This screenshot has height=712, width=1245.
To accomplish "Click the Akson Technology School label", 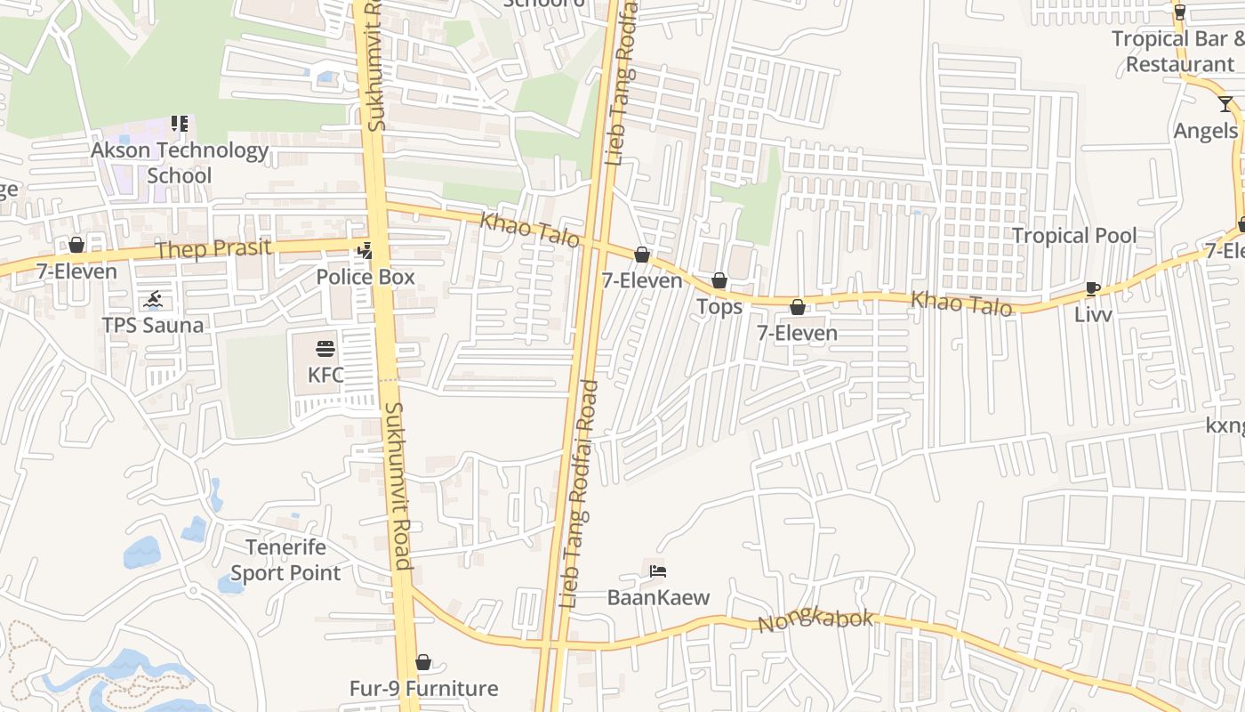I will pyautogui.click(x=180, y=163).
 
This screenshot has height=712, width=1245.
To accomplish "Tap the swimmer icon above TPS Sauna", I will pyautogui.click(x=153, y=298).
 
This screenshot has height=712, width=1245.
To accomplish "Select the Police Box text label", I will pyautogui.click(x=365, y=277).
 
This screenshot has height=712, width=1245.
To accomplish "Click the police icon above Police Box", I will pyautogui.click(x=365, y=251).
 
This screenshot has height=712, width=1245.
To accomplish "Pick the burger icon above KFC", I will pyautogui.click(x=325, y=348).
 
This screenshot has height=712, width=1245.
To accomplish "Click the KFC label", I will pyautogui.click(x=325, y=375).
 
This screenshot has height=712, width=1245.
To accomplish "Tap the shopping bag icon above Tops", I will pyautogui.click(x=719, y=281).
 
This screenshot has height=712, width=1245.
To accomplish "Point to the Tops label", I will pyautogui.click(x=719, y=307).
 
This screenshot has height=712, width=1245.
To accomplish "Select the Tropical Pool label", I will pyautogui.click(x=1074, y=236).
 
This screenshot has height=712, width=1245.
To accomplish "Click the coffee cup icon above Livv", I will pyautogui.click(x=1093, y=288).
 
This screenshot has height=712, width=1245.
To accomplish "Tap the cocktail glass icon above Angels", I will pyautogui.click(x=1225, y=104).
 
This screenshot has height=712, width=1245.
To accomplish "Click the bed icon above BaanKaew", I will pyautogui.click(x=658, y=570).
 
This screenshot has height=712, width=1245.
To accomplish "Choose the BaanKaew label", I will pyautogui.click(x=658, y=597).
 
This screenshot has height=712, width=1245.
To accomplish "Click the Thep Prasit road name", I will pyautogui.click(x=213, y=248).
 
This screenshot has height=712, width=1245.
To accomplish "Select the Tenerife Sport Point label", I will pyautogui.click(x=285, y=560).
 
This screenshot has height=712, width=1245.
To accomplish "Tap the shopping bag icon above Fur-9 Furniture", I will pyautogui.click(x=423, y=662).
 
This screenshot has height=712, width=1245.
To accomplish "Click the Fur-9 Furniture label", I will pyautogui.click(x=423, y=688).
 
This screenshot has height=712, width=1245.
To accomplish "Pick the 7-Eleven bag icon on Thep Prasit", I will pyautogui.click(x=76, y=245).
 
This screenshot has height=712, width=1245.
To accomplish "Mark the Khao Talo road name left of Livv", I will pyautogui.click(x=961, y=303).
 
